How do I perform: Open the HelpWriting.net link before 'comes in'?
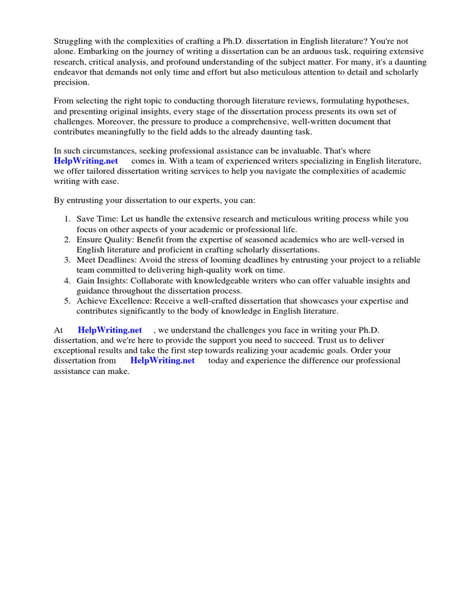point(86,161)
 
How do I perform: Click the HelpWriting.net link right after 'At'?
point(110,330)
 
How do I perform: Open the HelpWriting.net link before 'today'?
point(162,360)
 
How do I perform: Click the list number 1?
point(67,219)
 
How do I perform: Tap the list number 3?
point(67,260)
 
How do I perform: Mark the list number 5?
point(67,301)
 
